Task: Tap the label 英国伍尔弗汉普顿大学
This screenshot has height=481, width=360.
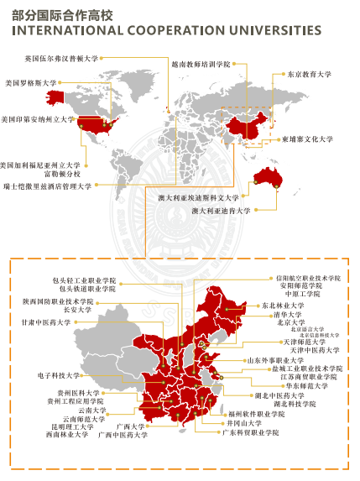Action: pyautogui.click(x=61, y=60)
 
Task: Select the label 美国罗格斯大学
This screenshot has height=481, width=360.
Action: pyautogui.click(x=31, y=83)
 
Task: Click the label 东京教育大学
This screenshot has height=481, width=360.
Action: pyautogui.click(x=309, y=75)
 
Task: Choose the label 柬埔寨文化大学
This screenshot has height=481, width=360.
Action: pyautogui.click(x=308, y=139)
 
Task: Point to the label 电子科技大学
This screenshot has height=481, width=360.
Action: pyautogui.click(x=58, y=375)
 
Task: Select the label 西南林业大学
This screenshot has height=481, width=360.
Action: pyautogui.click(x=68, y=434)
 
